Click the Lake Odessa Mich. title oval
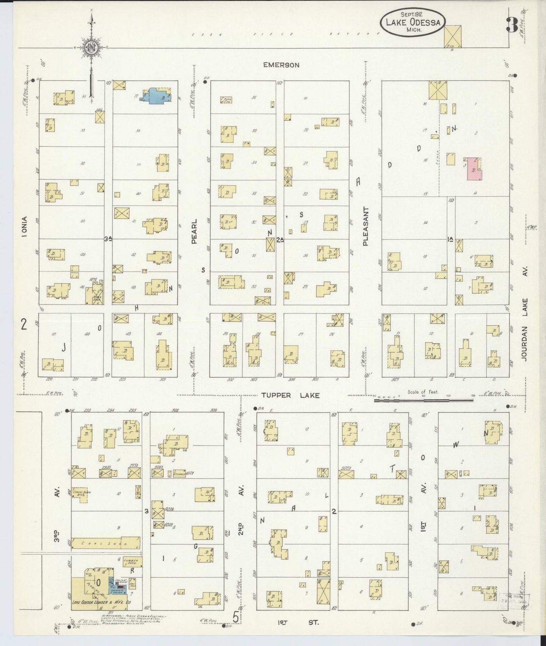[413, 22]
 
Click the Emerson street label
[281, 65]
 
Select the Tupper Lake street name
[290, 396]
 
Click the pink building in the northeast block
[474, 168]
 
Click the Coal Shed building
[105, 543]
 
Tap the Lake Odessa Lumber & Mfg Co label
[101, 613]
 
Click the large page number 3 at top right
[512, 25]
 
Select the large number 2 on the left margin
[24, 325]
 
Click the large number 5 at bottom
[236, 617]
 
